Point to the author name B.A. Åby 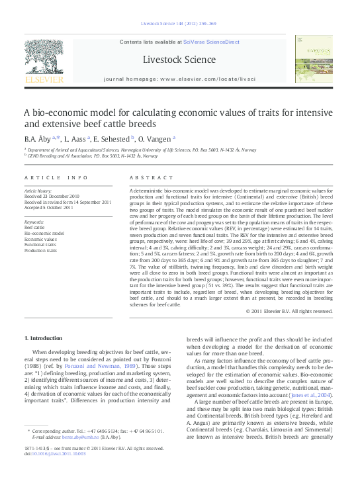(x=40, y=139)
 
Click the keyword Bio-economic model (x=44, y=234)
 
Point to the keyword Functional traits (x=40, y=245)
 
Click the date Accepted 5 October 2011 (x=49, y=207)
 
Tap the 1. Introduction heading (x=44, y=338)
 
